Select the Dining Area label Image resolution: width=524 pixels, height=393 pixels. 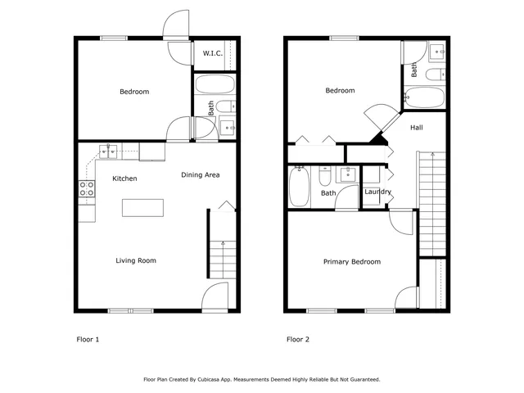tap(200, 175)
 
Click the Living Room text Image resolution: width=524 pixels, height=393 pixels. tap(136, 261)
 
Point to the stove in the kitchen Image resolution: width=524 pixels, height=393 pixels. tap(87, 190)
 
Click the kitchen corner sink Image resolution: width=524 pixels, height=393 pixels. tap(108, 151)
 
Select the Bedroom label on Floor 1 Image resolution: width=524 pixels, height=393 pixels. tap(134, 92)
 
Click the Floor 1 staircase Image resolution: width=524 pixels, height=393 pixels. tap(219, 259)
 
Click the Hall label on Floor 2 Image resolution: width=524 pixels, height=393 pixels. tap(416, 128)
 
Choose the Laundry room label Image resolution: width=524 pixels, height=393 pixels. tap(377, 192)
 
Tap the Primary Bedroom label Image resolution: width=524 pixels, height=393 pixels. tap(351, 262)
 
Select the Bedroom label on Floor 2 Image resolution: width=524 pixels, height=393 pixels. tap(340, 91)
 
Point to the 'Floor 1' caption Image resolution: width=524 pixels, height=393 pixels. tap(88, 338)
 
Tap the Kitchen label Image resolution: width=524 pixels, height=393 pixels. tap(124, 178)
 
